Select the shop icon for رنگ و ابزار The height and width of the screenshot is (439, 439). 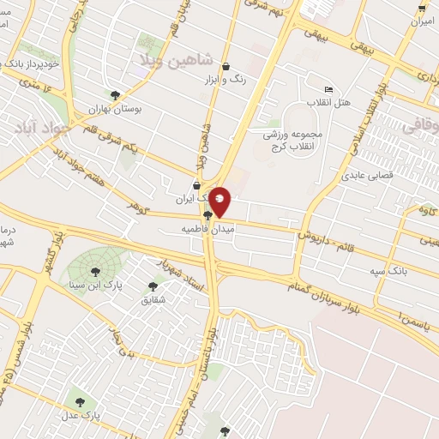tap(226, 66)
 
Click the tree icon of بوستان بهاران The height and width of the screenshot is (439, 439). tap(116, 95)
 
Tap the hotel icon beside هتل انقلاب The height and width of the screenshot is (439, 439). tap(329, 89)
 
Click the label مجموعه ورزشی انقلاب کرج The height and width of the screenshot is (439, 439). tap(292, 141)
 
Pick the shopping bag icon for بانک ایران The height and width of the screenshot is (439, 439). tap(196, 185)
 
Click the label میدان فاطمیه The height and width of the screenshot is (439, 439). tap(207, 230)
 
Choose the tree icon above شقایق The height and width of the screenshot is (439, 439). tap(153, 286)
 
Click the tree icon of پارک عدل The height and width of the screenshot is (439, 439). tap(79, 400)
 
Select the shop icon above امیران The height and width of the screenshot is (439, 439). tap(421, 8)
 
